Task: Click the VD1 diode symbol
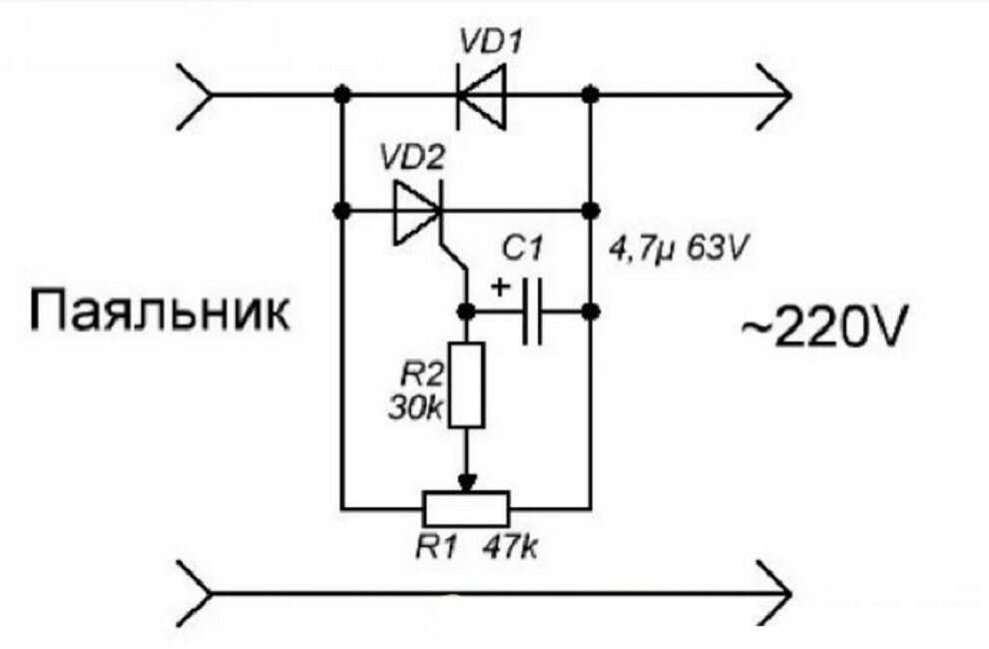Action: (482, 96)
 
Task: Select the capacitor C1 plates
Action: (533, 312)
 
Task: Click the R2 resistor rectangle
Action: (467, 385)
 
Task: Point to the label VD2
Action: (412, 159)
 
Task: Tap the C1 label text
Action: (522, 250)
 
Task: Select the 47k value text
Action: (511, 547)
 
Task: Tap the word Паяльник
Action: (161, 311)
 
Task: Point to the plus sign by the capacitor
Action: (501, 288)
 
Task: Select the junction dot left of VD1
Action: (342, 95)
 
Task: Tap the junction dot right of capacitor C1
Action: (591, 312)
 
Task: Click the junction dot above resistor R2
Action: (466, 312)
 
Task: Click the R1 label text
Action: (435, 547)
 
